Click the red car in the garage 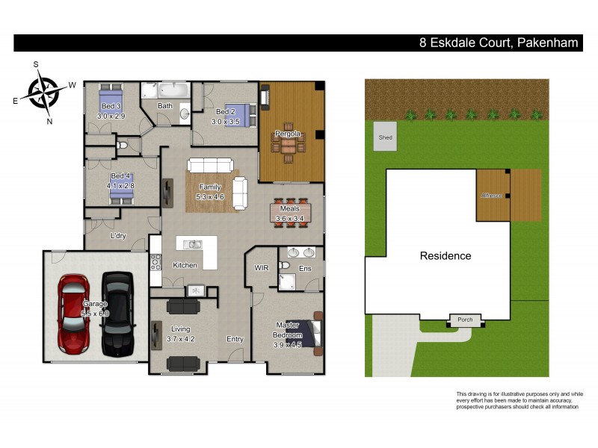[x=74, y=314]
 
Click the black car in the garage [x=117, y=314]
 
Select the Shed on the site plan [x=386, y=138]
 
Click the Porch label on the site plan [x=465, y=320]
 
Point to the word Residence [x=445, y=256]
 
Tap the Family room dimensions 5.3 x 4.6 [x=209, y=196]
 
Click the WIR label [x=262, y=267]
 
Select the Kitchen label [x=185, y=265]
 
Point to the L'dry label [x=117, y=237]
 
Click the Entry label [x=235, y=339]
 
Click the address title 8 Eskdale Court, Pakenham [x=499, y=43]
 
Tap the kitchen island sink [x=194, y=244]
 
